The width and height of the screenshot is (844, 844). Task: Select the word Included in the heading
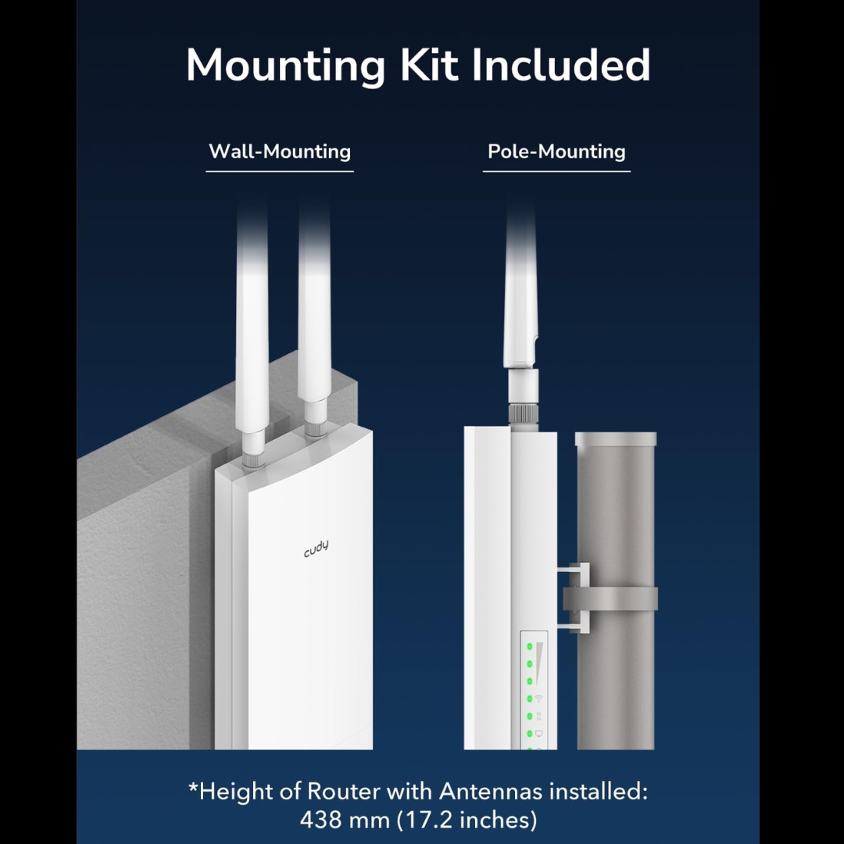561,65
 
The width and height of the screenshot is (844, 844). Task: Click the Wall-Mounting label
280,151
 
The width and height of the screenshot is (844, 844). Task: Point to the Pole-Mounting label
556,151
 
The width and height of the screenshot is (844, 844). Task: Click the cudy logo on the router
316,549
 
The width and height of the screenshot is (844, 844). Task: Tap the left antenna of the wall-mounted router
252,328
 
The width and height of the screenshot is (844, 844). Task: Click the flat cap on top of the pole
616,439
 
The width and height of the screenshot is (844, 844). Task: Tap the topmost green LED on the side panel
529,647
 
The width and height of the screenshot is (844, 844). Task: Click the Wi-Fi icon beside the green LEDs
538,698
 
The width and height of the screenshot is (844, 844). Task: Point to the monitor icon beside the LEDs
538,733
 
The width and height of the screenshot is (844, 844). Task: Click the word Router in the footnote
337,791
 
